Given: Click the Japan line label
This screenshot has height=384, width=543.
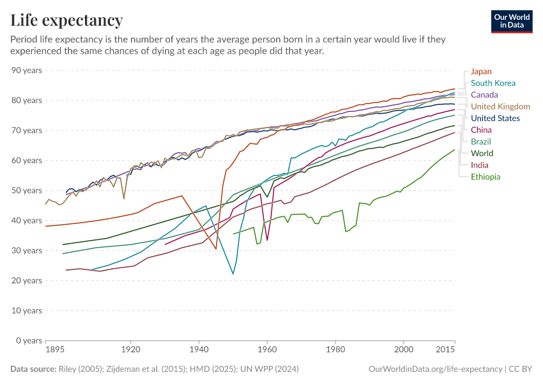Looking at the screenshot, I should (x=481, y=72).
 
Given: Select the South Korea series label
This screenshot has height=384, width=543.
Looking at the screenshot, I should (x=493, y=83).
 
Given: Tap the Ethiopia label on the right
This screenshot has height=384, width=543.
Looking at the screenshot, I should (x=486, y=177).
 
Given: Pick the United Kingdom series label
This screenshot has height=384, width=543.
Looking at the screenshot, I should (x=500, y=106).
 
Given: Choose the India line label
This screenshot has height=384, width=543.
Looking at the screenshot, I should (x=480, y=165).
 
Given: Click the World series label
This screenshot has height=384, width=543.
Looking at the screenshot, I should (x=482, y=154).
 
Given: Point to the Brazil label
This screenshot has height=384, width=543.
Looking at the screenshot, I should (x=481, y=141).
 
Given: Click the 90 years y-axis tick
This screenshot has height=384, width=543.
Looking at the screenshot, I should (x=26, y=70).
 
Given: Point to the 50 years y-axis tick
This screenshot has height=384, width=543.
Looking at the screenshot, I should (x=26, y=191).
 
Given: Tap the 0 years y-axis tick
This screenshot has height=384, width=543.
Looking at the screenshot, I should (x=29, y=340).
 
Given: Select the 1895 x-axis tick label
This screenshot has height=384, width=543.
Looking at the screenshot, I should (x=56, y=351).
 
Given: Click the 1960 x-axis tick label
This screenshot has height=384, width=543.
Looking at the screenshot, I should (x=267, y=351).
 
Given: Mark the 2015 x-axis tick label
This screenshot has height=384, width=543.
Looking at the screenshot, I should (x=445, y=351).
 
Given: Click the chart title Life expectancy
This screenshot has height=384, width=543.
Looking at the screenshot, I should (x=66, y=20).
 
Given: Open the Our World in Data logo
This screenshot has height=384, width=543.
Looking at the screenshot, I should (x=511, y=21).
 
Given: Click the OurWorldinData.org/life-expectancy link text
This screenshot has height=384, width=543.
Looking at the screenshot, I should (x=435, y=369).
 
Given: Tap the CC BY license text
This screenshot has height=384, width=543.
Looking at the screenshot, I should (x=520, y=369).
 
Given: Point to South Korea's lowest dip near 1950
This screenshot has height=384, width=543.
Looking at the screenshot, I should (x=233, y=274).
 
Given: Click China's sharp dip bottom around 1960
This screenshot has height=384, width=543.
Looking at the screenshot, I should (x=267, y=240).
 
